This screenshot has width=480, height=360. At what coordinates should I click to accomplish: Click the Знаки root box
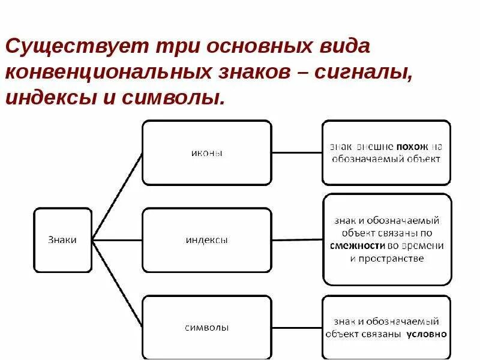62,240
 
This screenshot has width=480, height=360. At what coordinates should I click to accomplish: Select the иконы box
206,152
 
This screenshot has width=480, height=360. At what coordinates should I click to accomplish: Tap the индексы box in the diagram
206,240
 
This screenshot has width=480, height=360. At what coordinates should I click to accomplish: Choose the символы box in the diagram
206,328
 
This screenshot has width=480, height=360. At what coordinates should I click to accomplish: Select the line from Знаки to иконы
118,196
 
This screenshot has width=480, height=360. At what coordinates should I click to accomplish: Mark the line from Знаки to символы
118,284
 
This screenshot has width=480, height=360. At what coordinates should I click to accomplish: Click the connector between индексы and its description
297,240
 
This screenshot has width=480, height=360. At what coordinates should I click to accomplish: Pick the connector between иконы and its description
297,152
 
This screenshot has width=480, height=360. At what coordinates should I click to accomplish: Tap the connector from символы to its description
297,328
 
